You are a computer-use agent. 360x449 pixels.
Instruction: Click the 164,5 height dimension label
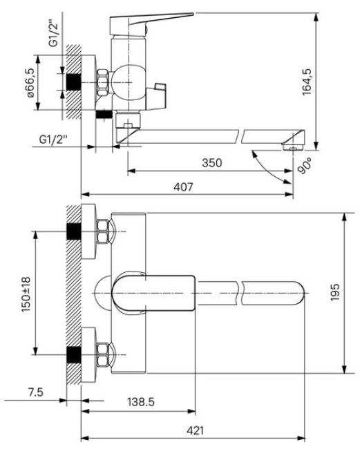(x=307, y=82)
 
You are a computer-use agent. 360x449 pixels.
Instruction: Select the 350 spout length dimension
(x=212, y=162)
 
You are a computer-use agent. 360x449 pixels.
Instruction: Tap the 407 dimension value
(x=184, y=187)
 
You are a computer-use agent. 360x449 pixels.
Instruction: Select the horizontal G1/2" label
(x=53, y=140)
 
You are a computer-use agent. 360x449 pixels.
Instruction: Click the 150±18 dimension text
(x=26, y=294)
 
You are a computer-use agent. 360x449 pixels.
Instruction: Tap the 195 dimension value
(x=335, y=292)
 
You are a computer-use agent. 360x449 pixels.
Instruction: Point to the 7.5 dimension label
(x=36, y=392)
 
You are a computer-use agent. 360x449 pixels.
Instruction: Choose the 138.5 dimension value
(x=141, y=402)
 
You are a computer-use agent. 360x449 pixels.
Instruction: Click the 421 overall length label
(x=195, y=430)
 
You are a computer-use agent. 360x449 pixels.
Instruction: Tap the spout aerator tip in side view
(x=293, y=146)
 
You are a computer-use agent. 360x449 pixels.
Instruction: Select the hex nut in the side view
(x=103, y=82)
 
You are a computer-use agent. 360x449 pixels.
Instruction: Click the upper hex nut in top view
(x=103, y=231)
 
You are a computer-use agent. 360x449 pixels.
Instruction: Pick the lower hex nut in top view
(x=103, y=355)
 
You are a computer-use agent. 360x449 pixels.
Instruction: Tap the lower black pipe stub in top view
(x=74, y=355)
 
